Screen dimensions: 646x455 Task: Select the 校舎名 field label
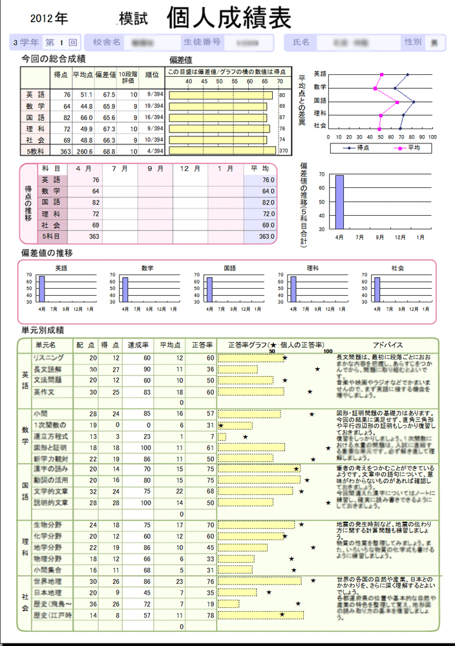pos(107,43)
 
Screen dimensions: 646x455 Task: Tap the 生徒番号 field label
pos(203,43)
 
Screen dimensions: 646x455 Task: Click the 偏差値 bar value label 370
pos(282,151)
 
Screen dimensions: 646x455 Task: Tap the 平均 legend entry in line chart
pos(409,148)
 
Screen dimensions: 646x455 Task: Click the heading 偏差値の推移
pos(47,252)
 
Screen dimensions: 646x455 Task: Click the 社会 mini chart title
pos(397,267)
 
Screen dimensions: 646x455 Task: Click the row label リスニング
pos(48,357)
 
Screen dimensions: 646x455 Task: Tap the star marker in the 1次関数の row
pos(221,425)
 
